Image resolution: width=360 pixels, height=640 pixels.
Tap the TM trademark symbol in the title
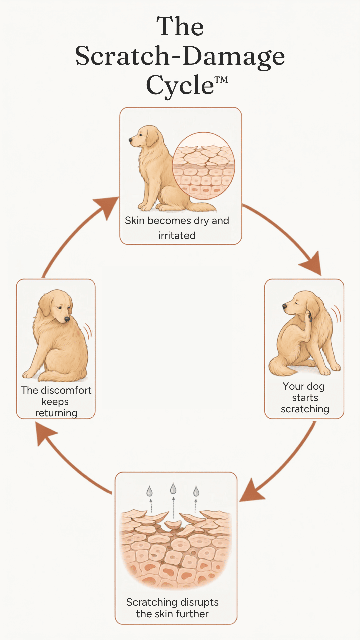pos(221,80)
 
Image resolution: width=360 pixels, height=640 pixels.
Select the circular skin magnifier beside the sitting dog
pos(203,166)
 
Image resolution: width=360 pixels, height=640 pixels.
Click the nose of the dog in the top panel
pos(131,140)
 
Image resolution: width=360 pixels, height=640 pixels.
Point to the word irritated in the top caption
pos(177,236)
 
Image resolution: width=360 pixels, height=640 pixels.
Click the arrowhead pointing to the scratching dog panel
pos(312,264)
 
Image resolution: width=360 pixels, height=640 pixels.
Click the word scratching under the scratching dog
pos(305,409)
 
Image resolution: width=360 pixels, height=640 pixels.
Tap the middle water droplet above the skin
pos(173,489)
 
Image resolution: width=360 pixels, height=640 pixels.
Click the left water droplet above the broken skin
pos(150,491)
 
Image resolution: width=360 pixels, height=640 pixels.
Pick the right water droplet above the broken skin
pos(196,491)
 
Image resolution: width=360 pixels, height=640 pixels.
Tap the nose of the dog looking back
pos(67,319)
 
